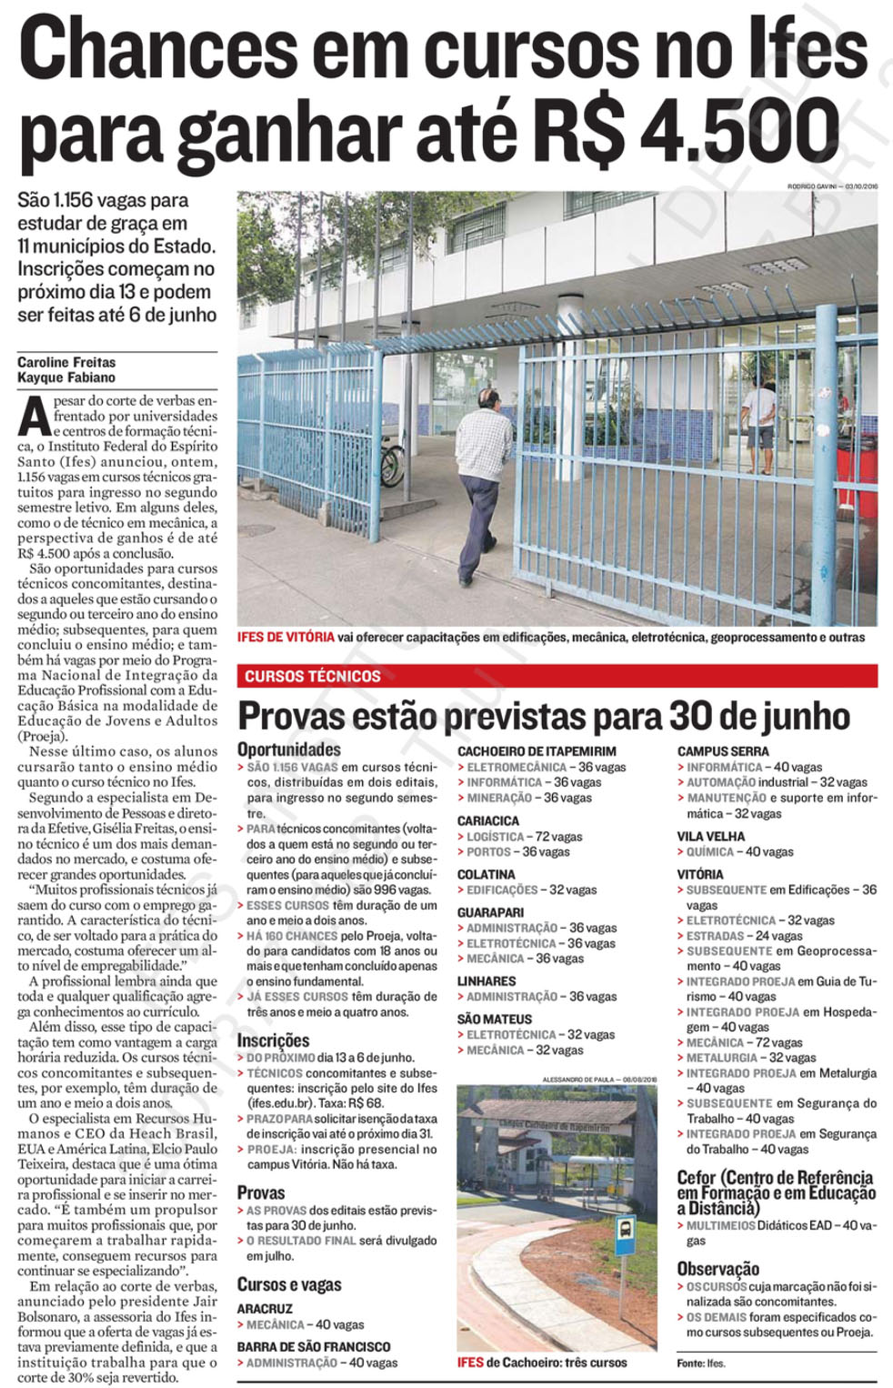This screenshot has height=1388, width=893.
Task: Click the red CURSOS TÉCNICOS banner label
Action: pyautogui.click(x=313, y=676)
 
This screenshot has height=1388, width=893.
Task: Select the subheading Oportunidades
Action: pyautogui.click(x=289, y=749)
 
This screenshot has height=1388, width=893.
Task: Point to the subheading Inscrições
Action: pyautogui.click(x=274, y=1040)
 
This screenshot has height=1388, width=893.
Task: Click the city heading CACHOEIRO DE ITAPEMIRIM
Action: pyautogui.click(x=537, y=751)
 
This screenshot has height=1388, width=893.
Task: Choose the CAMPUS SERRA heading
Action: pyautogui.click(x=723, y=751)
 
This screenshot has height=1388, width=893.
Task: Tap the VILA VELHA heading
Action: pyautogui.click(x=711, y=836)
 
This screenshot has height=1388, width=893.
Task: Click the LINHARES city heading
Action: pyautogui.click(x=487, y=981)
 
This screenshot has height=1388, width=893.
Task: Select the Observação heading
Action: pyautogui.click(x=718, y=1268)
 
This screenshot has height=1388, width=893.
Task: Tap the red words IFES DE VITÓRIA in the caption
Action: pyautogui.click(x=286, y=637)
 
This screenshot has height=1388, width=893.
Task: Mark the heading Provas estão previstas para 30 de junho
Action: pyautogui.click(x=544, y=716)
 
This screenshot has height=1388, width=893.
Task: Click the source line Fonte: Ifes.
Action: pyautogui.click(x=701, y=1363)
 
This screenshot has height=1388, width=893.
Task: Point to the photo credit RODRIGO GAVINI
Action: pyautogui.click(x=814, y=186)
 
